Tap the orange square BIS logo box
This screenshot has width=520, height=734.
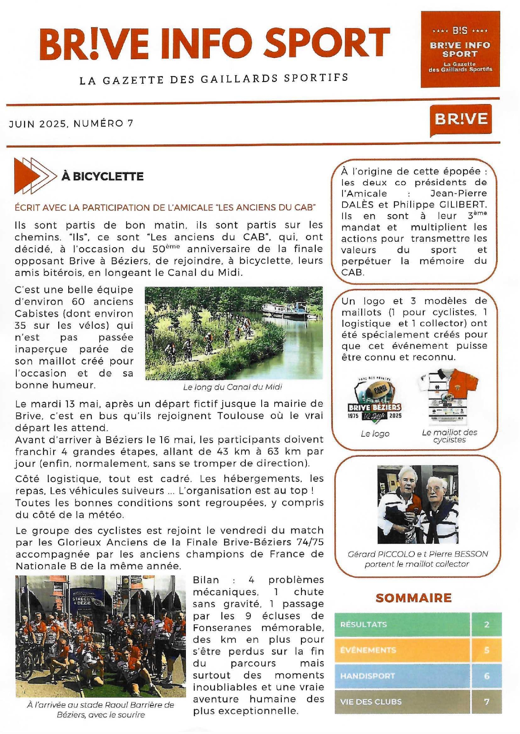460,49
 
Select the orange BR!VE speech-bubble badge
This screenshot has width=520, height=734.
461,120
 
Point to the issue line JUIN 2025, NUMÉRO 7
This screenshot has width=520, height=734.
71,124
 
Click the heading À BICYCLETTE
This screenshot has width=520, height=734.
103,176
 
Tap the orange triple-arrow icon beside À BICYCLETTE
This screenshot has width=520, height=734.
34,176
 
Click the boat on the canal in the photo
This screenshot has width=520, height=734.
285,310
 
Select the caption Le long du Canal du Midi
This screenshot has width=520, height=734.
232,387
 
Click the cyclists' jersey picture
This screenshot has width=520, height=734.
448,396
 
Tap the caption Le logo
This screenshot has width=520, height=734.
375,434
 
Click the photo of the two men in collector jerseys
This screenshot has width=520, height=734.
417,504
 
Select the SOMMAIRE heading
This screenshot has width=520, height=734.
413,598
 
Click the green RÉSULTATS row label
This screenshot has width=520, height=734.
363,625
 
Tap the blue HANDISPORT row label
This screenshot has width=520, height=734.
368,676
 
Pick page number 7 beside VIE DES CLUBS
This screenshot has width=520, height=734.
487,702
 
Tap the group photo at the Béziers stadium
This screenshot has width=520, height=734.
100,636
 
